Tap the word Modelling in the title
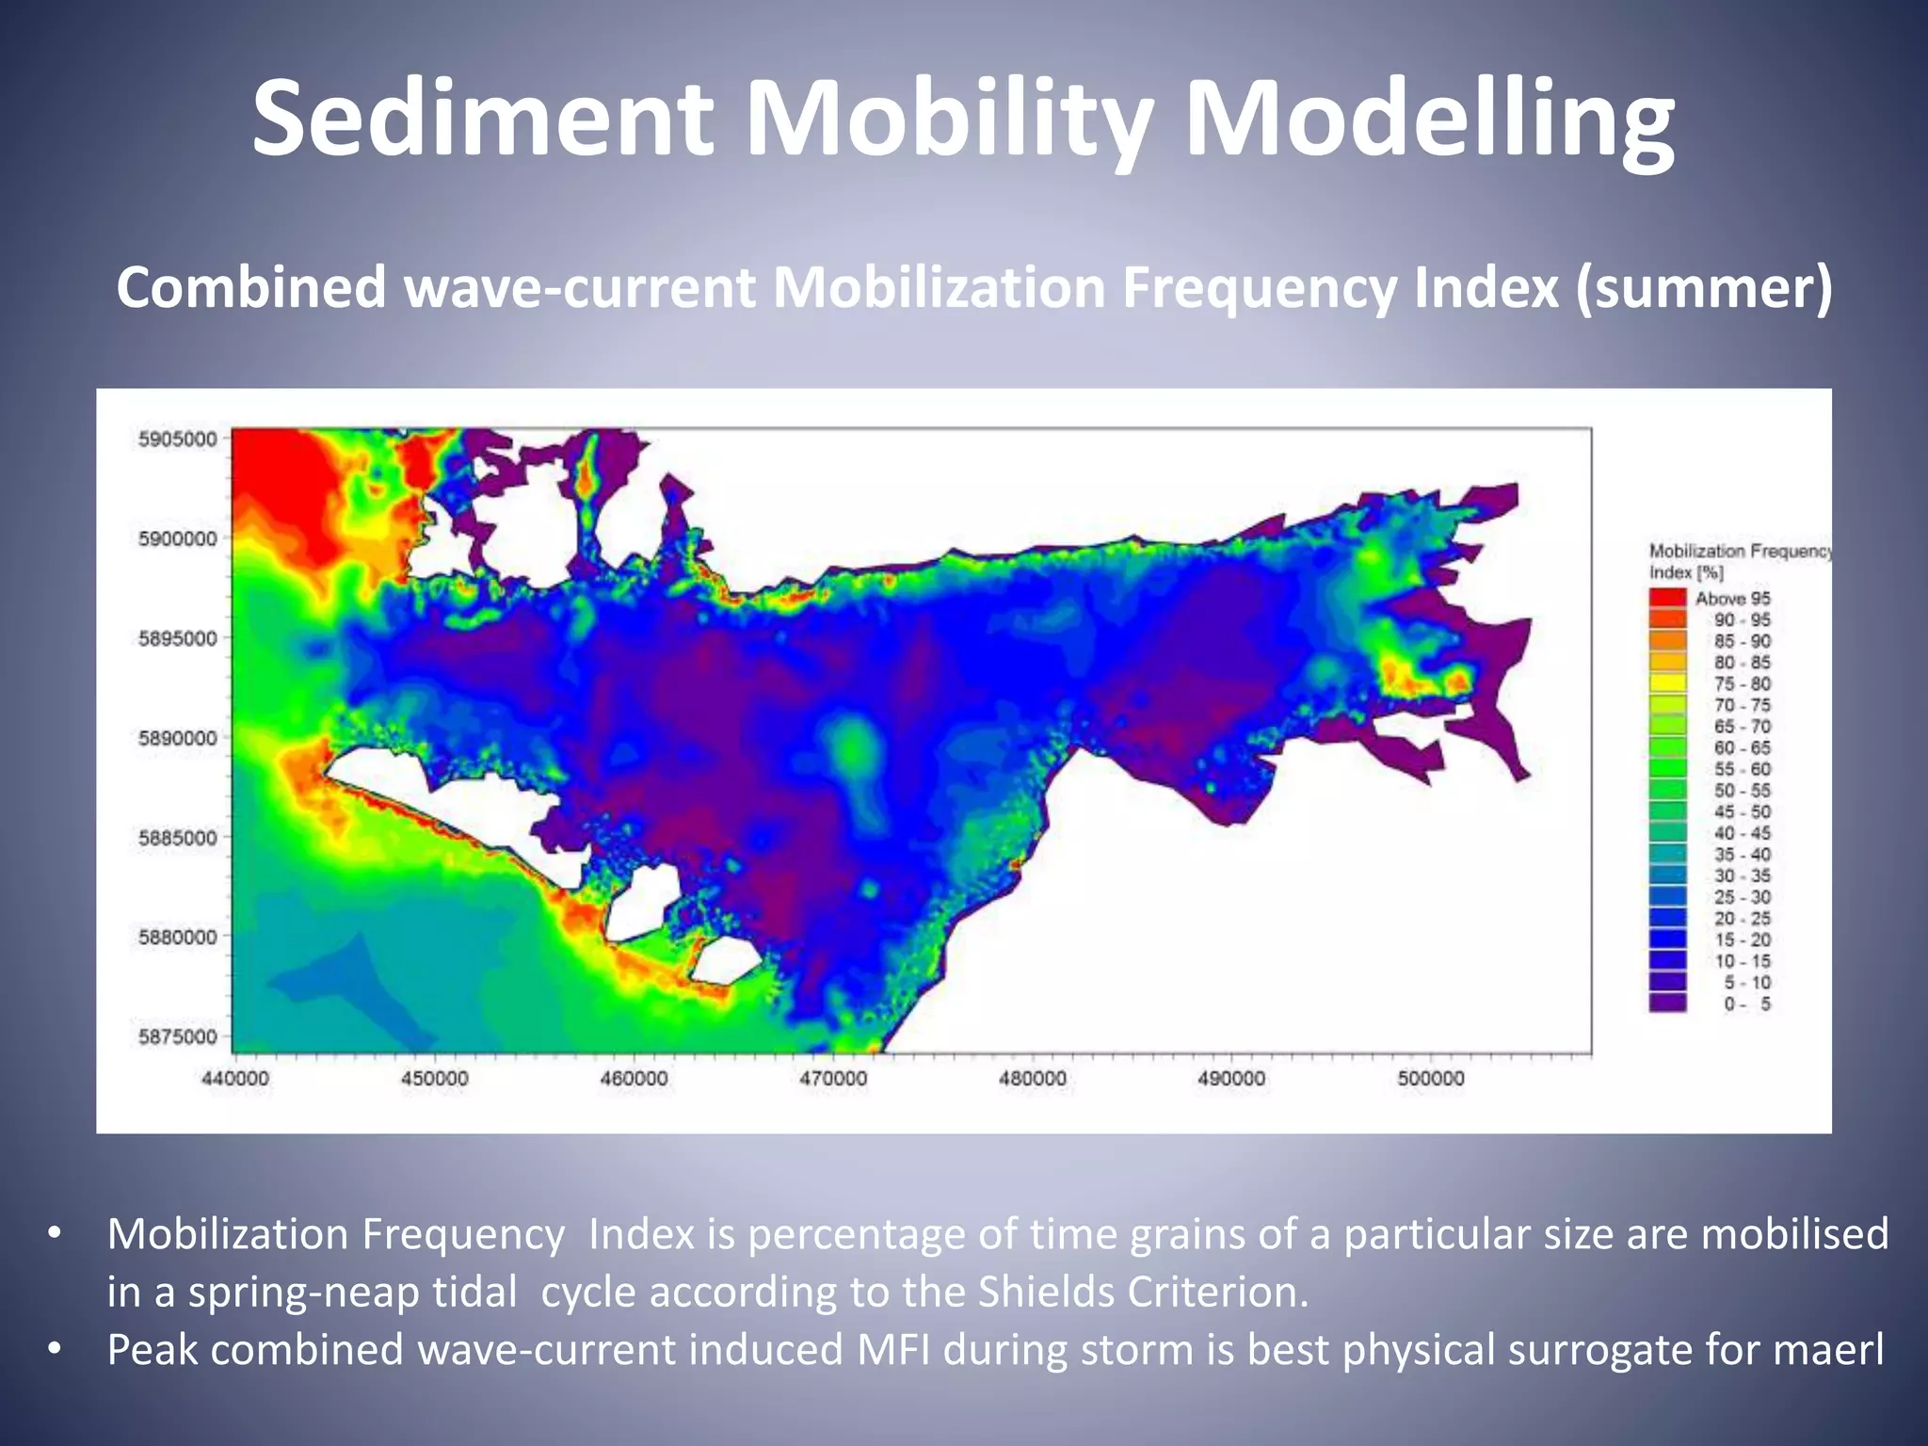[x=1429, y=120]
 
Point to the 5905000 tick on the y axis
[x=177, y=439]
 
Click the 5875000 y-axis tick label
[x=177, y=1036]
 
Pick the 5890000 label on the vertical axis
[x=177, y=738]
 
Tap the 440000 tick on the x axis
[x=234, y=1079]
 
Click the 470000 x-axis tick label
[x=833, y=1079]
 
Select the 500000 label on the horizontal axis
[x=1431, y=1079]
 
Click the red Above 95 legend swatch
[x=1667, y=598]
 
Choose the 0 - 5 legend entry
[x=1746, y=1004]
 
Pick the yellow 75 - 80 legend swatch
[x=1667, y=683]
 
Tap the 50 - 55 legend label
[x=1742, y=791]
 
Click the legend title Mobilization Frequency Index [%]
[x=1740, y=561]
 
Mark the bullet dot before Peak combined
[x=54, y=1351]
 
